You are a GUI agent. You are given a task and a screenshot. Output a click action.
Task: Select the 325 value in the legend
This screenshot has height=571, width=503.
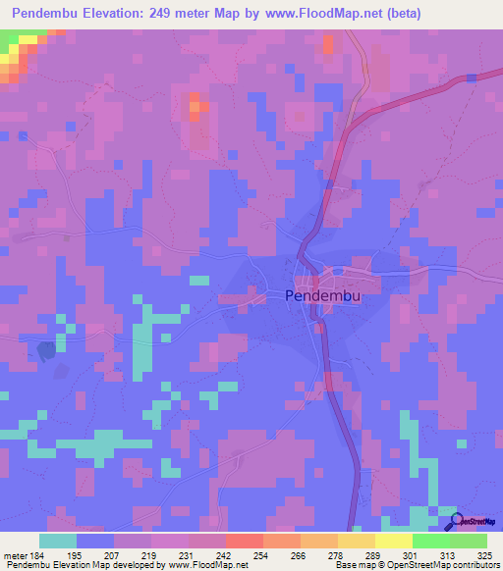[484, 555]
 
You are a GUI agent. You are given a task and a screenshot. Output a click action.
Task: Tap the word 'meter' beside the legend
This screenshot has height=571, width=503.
[15, 555]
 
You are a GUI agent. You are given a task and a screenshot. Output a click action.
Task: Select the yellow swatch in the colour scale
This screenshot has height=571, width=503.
[393, 541]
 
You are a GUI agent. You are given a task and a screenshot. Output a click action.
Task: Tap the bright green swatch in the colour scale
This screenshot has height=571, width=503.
[430, 541]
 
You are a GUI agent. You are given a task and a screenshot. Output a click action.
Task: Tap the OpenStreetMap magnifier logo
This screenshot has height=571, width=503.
[457, 522]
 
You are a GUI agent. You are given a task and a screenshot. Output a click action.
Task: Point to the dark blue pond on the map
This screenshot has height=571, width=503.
[45, 349]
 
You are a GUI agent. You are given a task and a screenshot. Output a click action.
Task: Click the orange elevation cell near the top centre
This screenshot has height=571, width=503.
[195, 103]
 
